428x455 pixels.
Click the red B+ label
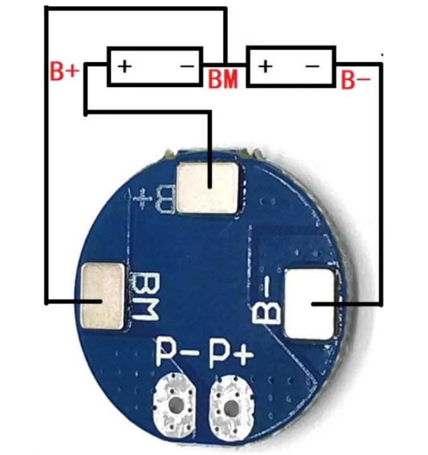tap(64, 71)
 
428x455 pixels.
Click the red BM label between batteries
tap(223, 79)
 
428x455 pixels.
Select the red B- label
tap(355, 80)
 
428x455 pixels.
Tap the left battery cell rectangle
tap(154, 66)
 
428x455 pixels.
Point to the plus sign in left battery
tap(125, 66)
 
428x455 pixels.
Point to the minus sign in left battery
tap(186, 66)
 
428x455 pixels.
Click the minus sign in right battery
tap(314, 66)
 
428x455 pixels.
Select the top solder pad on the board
tap(209, 187)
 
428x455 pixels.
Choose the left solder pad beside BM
tap(103, 297)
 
